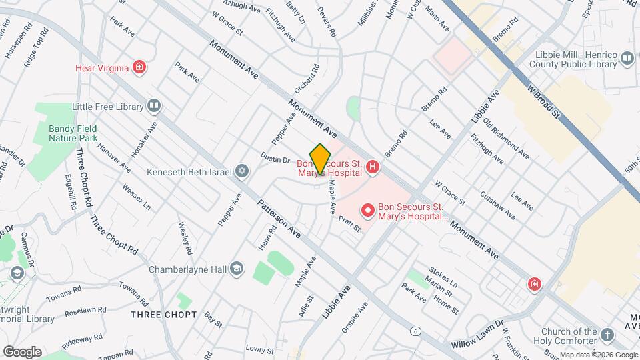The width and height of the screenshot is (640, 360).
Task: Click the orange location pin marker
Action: point(320,159)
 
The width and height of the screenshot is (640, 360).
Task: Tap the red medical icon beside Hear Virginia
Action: point(139,67)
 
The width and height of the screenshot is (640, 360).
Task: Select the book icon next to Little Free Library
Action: point(154,106)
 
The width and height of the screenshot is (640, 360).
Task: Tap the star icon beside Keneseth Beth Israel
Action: point(243,172)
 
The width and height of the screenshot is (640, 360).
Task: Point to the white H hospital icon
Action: point(373,167)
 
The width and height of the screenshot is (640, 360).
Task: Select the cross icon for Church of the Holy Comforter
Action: point(607,335)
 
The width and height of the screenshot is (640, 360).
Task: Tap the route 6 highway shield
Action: point(417,331)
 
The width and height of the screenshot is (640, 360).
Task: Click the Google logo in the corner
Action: point(22,351)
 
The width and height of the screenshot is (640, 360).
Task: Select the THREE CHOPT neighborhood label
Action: point(163,314)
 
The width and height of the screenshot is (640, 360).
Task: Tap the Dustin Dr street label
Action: point(275,160)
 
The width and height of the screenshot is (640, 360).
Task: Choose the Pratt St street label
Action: point(349,223)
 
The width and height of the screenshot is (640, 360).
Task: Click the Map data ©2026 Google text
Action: point(598,355)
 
